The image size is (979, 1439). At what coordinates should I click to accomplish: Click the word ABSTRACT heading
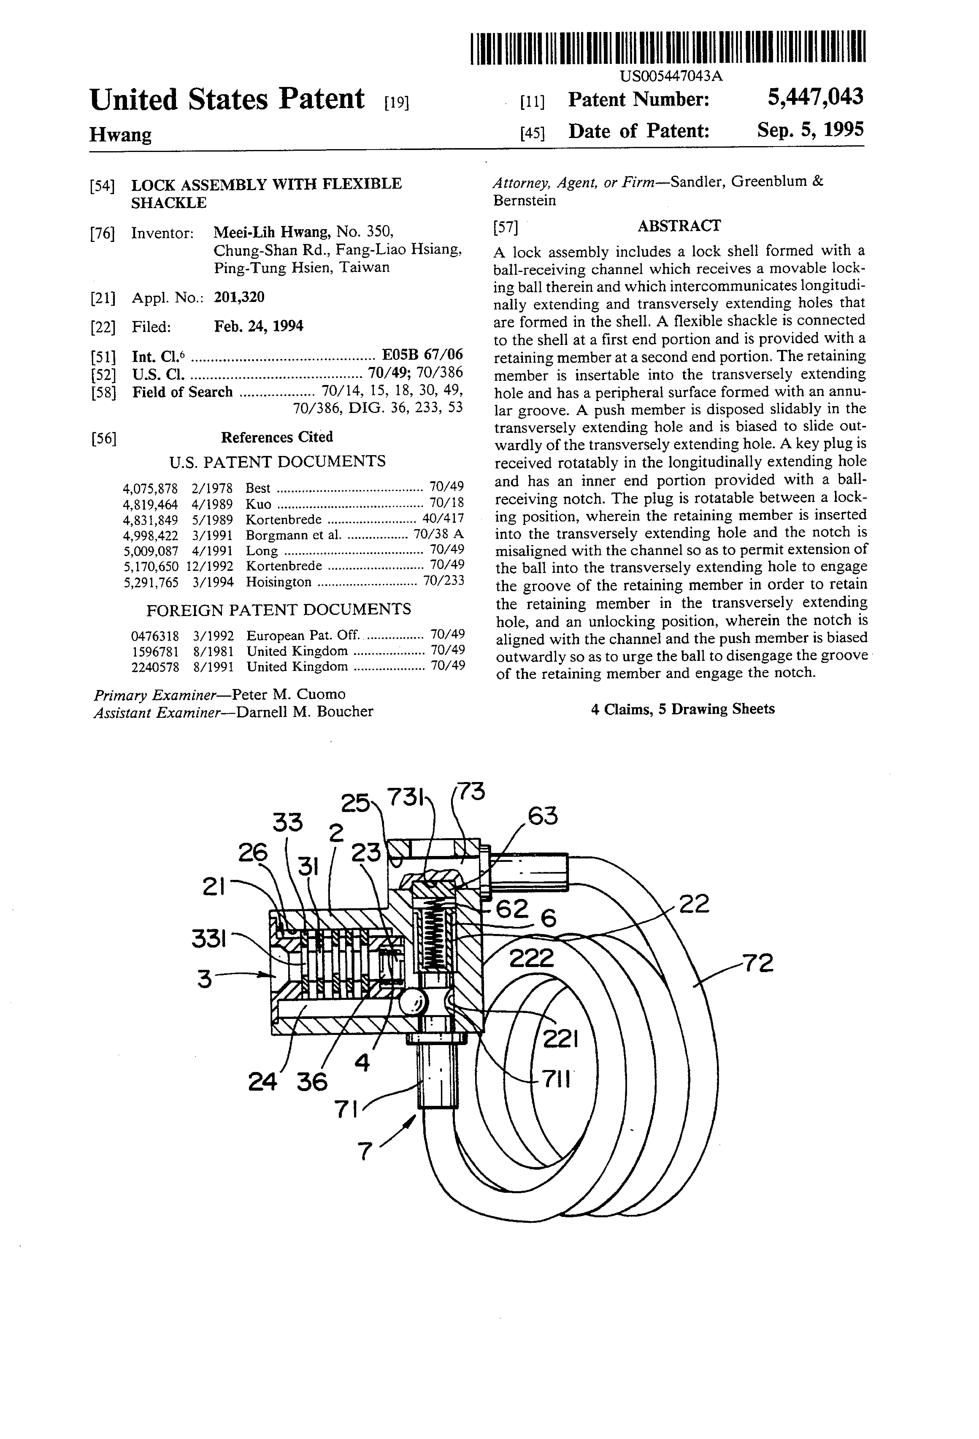point(679,226)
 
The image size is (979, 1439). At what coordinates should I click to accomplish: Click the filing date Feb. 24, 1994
point(259,326)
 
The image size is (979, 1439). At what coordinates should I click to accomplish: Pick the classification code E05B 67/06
point(423,355)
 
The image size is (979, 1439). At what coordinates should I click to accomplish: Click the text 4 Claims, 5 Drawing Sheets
point(682,709)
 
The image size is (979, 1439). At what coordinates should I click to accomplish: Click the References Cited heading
point(277,437)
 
